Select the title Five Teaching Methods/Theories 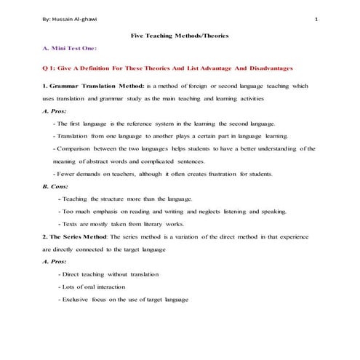(179, 36)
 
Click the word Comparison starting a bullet (75, 149)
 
